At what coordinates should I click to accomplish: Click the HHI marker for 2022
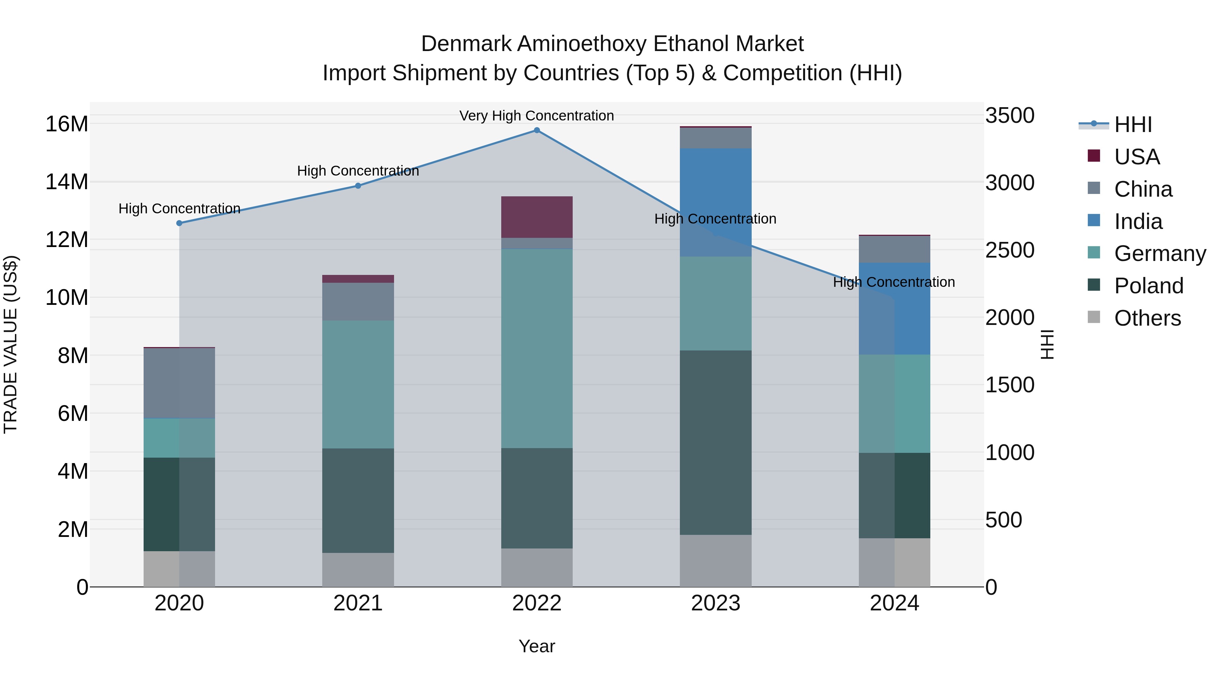(537, 130)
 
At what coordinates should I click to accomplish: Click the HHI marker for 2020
(179, 223)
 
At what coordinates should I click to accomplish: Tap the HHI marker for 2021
(358, 186)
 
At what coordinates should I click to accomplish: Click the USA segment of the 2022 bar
(537, 217)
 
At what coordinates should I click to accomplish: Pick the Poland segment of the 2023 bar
(716, 442)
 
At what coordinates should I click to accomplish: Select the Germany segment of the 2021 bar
(358, 384)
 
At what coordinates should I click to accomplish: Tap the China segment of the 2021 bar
(358, 301)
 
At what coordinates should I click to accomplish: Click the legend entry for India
(1138, 222)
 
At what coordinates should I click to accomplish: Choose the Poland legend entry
(1148, 286)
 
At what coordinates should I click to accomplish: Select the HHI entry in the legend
(1133, 125)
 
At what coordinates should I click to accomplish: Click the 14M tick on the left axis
(67, 182)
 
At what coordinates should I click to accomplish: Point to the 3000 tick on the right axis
(1009, 183)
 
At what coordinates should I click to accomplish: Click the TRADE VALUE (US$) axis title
(11, 344)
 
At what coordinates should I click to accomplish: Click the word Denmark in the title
(466, 44)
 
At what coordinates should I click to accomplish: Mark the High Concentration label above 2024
(894, 282)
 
